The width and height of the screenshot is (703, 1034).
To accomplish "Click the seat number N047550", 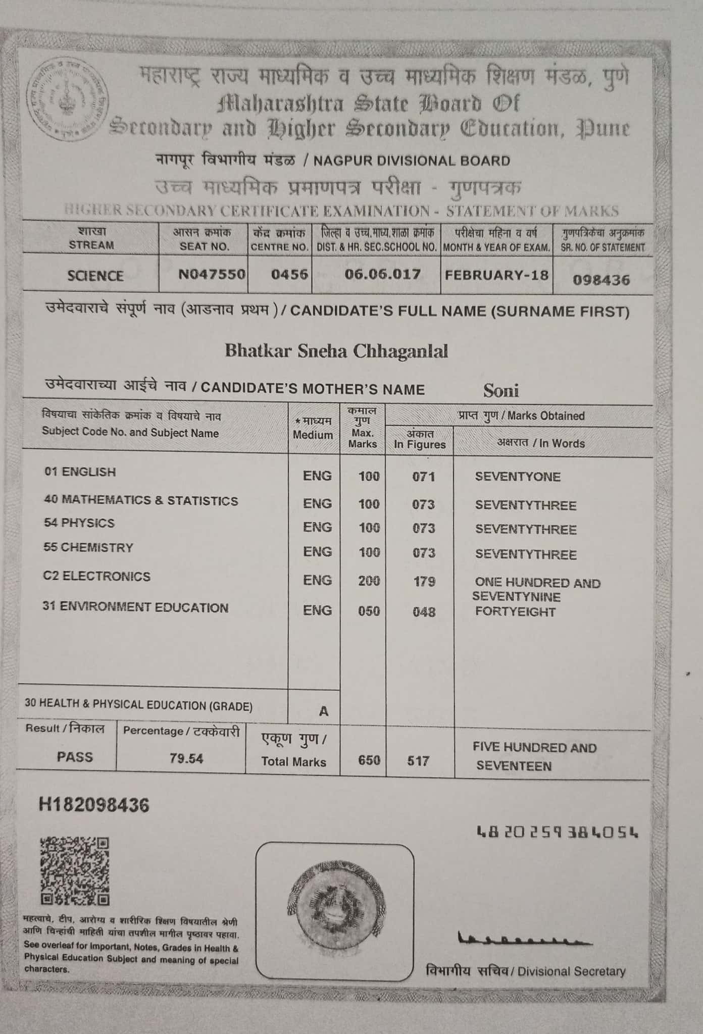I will point(212,274).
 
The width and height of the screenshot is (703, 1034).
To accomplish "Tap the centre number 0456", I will point(289,274).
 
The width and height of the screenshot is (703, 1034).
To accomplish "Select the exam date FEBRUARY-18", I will point(496,275).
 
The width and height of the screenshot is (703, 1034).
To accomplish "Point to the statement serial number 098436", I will point(601,280).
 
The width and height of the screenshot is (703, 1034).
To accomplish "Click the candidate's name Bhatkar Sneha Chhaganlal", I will point(336,350).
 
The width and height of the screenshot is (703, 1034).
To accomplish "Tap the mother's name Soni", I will point(500,390).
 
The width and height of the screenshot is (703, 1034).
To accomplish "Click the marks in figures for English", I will point(423,476).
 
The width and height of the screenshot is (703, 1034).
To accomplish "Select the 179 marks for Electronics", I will point(424,582).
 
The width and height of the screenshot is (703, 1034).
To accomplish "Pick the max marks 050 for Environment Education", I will point(369,611).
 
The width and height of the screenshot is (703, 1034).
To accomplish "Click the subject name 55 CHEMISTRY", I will point(88,548).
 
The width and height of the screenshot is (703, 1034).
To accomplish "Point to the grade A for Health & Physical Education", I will point(323,711).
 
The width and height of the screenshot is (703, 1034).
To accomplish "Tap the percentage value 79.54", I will point(186,758).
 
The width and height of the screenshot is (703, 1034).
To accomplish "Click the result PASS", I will point(75,757).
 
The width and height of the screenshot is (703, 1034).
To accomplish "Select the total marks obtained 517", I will point(418,760).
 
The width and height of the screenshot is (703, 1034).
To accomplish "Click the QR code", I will point(75,871).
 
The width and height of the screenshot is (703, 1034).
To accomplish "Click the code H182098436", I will point(94,805).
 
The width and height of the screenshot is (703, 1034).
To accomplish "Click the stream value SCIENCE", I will point(95,276).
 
